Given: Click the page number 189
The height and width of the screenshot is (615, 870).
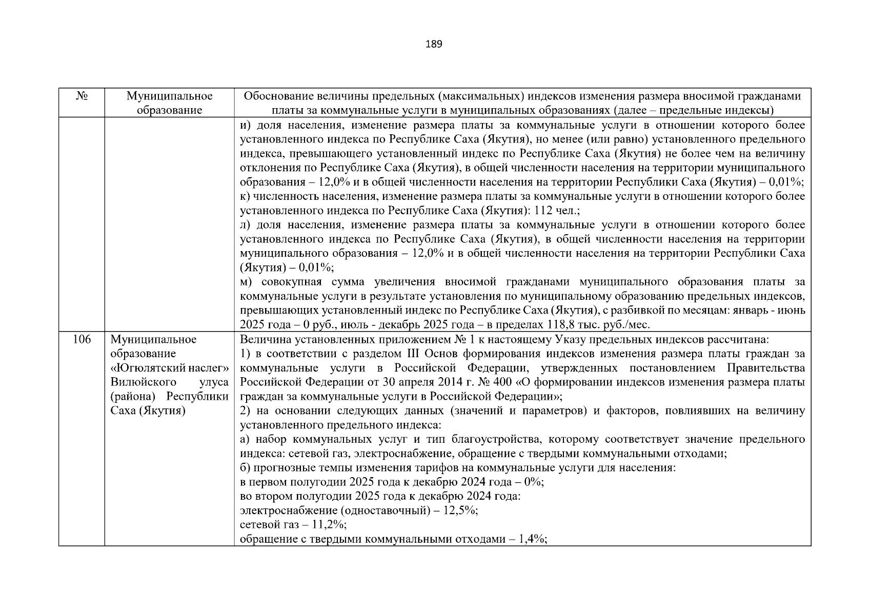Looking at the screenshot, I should pyautogui.click(x=434, y=44).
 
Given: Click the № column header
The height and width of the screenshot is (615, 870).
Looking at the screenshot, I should pyautogui.click(x=81, y=96).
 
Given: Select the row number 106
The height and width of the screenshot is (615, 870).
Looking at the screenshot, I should pyautogui.click(x=82, y=339).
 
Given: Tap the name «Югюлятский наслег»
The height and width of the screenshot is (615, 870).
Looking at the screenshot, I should pyautogui.click(x=169, y=368).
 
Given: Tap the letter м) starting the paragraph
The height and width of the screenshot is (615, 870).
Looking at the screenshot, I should pyautogui.click(x=247, y=282).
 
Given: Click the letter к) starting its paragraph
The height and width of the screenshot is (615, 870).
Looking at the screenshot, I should pyautogui.click(x=245, y=196).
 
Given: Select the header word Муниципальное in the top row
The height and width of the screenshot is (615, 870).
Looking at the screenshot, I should pyautogui.click(x=169, y=96).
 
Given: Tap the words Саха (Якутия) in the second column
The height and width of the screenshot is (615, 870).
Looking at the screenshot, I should pyautogui.click(x=147, y=411).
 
